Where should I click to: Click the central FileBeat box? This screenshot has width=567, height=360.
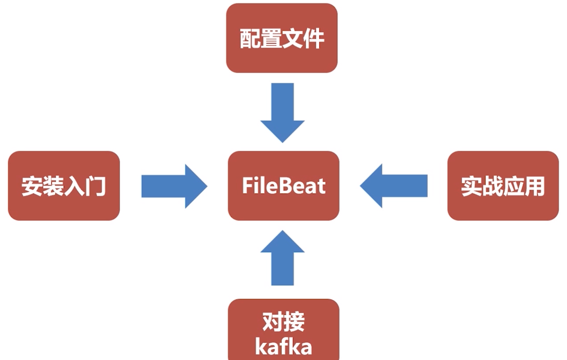283,185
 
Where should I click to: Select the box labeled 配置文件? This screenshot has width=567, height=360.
282,38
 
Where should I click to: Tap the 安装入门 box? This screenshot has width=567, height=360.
64,185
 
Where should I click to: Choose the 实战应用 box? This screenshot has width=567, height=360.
503,185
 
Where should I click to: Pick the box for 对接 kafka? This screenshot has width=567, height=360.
283,330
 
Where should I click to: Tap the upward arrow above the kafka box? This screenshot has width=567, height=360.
282,258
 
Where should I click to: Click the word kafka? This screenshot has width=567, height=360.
283,347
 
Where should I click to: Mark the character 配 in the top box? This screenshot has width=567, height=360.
250,38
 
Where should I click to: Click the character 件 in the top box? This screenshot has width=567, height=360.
313,38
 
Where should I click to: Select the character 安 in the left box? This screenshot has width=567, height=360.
32,186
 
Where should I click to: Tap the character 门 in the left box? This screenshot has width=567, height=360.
95,186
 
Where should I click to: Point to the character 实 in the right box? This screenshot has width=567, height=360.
472,186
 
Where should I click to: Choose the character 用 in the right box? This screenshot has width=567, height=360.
534,186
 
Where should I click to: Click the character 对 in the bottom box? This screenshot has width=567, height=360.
273,322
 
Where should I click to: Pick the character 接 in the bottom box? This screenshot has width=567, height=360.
294,322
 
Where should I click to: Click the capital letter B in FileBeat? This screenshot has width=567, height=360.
280,186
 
